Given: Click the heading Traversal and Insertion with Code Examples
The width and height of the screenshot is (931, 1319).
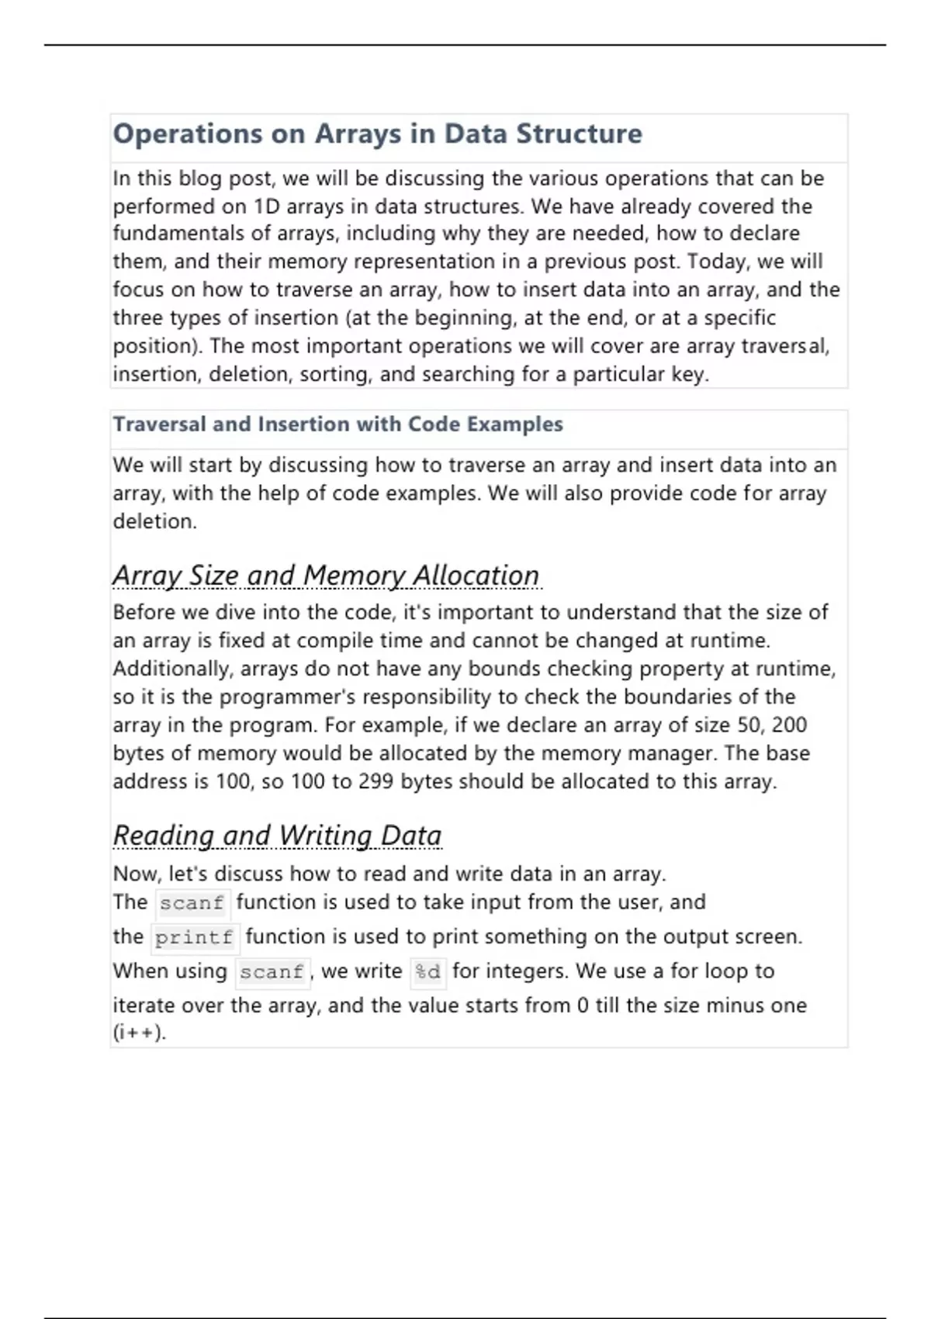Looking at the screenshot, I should (337, 424).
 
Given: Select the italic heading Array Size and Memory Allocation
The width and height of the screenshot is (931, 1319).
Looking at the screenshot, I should (326, 576).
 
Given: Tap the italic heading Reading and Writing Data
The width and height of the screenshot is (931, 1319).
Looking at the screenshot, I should (277, 836).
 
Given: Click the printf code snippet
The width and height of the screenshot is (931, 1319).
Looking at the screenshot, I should (194, 937).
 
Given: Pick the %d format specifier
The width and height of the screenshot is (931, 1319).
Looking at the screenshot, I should (427, 971).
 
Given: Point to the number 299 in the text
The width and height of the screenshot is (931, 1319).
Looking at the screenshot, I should (376, 781).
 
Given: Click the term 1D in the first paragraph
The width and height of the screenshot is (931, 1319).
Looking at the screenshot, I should (267, 206).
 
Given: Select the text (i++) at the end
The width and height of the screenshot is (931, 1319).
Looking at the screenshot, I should (140, 1033).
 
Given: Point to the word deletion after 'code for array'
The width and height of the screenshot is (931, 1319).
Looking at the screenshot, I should (154, 521).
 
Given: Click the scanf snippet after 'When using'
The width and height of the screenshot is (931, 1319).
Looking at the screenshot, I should (272, 971).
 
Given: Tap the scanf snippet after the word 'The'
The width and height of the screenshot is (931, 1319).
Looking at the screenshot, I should (192, 903).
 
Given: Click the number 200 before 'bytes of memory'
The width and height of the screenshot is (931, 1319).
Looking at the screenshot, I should (789, 725).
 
